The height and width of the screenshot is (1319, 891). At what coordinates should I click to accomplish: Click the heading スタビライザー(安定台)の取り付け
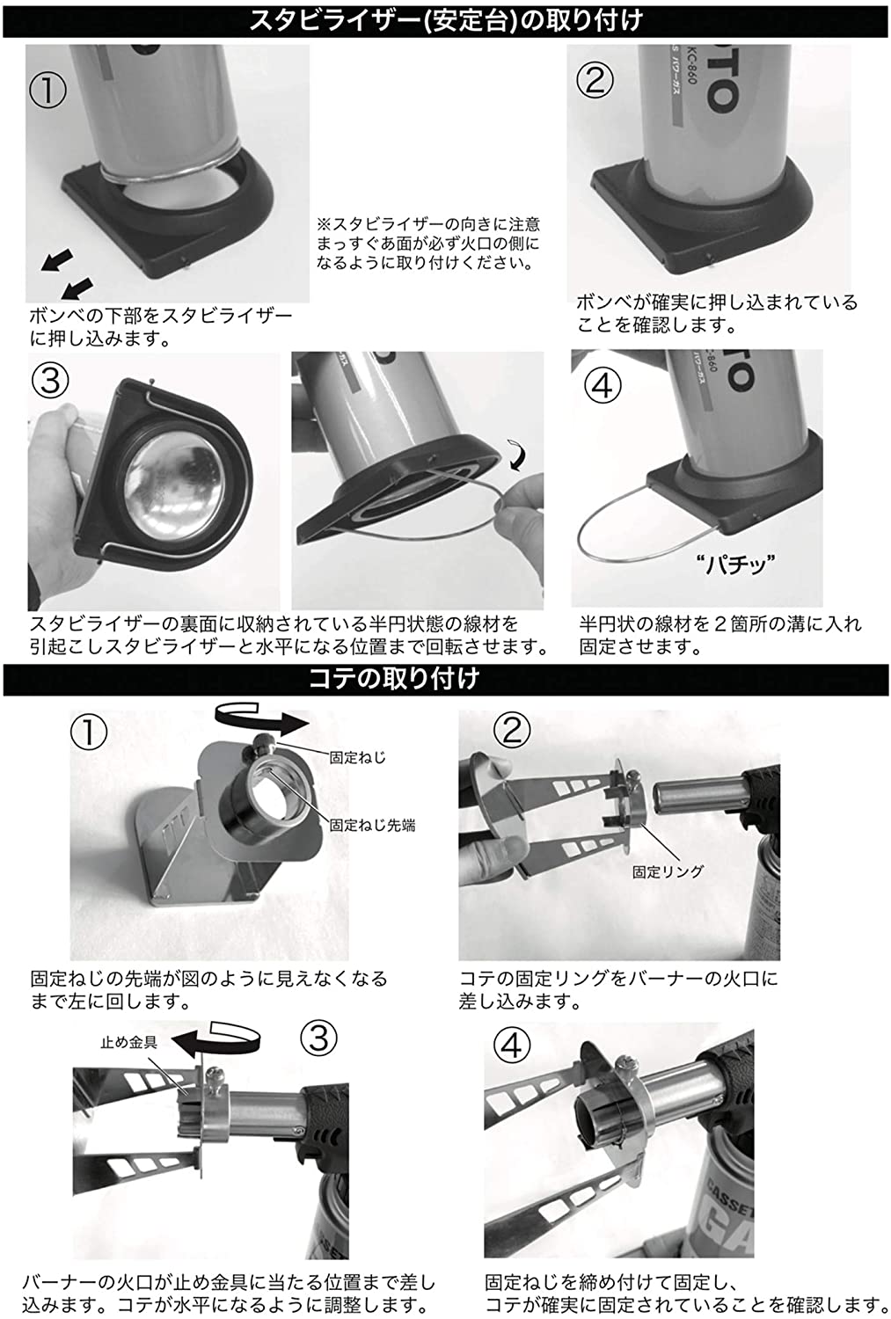click(x=445, y=18)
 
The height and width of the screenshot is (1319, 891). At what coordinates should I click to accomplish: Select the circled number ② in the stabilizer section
click(x=595, y=80)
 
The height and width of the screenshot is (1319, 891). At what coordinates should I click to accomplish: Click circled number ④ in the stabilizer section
click(x=603, y=386)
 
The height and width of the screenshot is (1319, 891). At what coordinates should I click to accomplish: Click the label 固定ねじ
click(x=357, y=757)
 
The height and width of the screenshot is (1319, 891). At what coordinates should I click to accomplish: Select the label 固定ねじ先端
click(x=372, y=825)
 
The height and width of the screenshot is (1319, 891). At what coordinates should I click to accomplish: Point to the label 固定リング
click(x=668, y=871)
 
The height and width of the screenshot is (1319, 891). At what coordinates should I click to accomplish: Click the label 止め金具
click(x=128, y=1042)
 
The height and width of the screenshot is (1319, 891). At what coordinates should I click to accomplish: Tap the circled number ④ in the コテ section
click(x=512, y=1046)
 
